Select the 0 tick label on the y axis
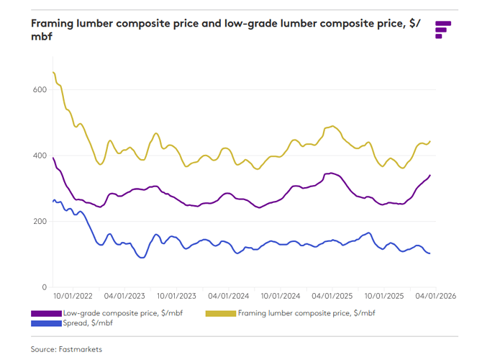43,287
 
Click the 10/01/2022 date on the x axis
72,296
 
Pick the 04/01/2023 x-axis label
124,296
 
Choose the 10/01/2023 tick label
176,296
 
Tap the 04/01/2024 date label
228,296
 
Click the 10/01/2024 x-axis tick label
281,296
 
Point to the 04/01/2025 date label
332,296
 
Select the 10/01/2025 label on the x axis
385,296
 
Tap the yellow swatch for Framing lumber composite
221,313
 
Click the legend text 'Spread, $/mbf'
88,323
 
